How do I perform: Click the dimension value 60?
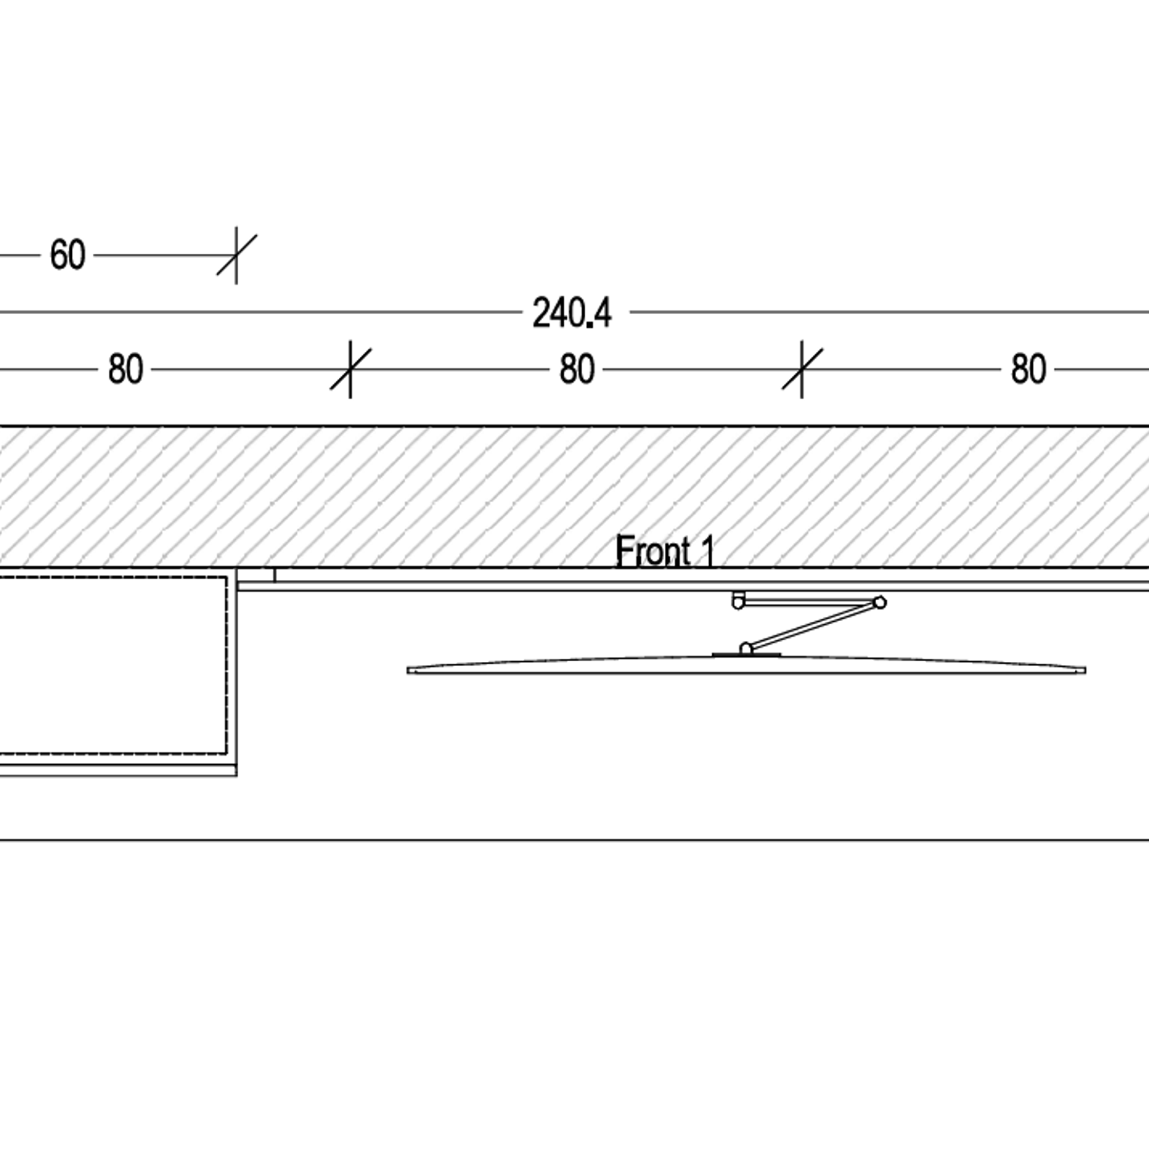point(68,256)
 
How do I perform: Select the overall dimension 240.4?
point(572,313)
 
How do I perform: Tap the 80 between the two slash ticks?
point(577,369)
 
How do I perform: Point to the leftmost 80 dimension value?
point(125,369)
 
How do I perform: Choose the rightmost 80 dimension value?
point(1029,369)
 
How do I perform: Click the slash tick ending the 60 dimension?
point(236,256)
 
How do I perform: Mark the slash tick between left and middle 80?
point(350,369)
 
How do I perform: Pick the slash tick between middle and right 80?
point(802,369)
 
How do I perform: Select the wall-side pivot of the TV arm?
point(738,601)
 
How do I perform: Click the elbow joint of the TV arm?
point(879,602)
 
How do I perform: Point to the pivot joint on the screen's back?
point(746,649)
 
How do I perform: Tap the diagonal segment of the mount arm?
point(812,626)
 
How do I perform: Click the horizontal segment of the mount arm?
point(808,601)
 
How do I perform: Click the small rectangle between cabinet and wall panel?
point(256,575)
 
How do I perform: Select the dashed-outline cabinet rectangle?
point(114,664)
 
